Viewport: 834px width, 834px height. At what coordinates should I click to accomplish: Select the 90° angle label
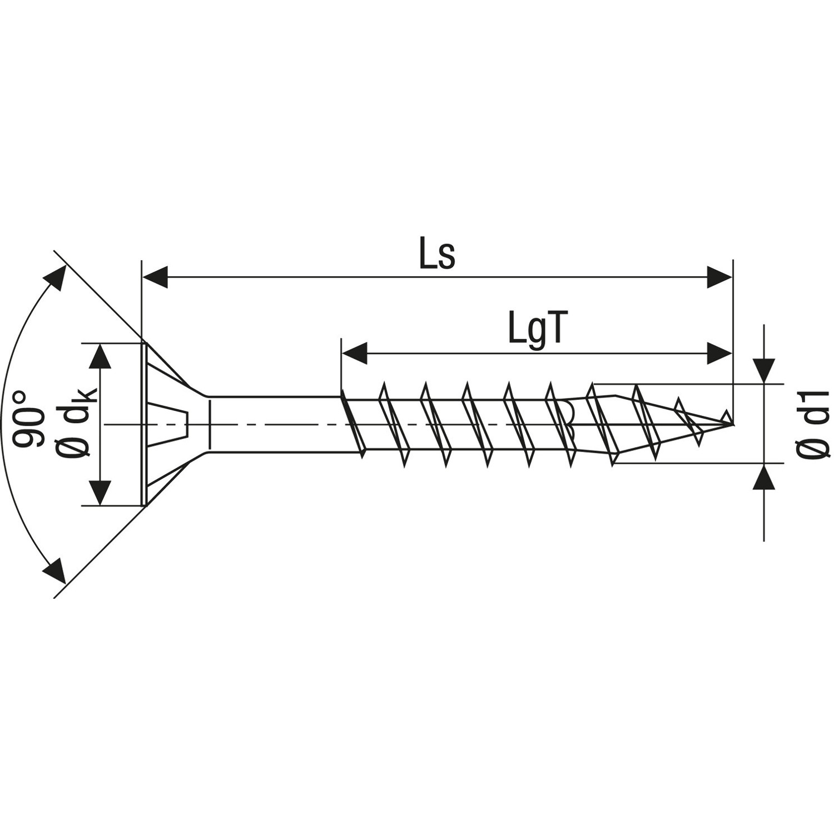point(28,419)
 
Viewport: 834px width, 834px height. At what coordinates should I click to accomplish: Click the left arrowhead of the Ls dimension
point(156,277)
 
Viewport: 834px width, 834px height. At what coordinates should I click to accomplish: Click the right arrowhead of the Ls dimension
point(719,277)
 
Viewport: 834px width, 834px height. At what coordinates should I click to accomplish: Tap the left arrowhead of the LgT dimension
point(355,353)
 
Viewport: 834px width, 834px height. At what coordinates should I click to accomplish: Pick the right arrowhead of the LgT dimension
point(719,353)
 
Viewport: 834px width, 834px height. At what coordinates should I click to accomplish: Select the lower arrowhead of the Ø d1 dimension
point(764,477)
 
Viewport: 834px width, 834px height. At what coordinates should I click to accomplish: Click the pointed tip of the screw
point(731,424)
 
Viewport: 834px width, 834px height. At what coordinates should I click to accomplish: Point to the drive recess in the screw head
point(170,424)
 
